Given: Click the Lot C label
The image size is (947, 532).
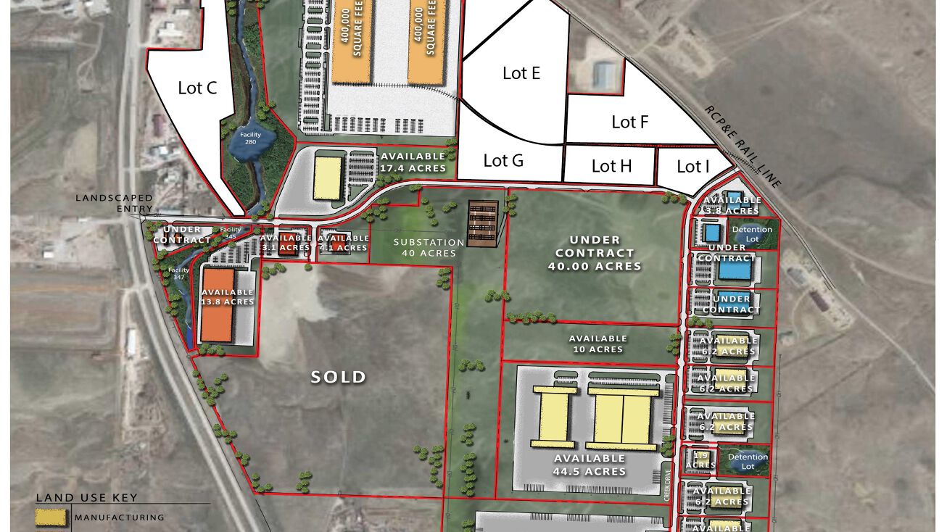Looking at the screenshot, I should (197, 88).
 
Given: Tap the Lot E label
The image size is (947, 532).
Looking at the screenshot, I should (521, 73).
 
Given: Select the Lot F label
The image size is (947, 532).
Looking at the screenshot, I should (629, 122).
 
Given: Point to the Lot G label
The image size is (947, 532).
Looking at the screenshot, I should (503, 160).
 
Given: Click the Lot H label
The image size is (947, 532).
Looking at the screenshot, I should (611, 166).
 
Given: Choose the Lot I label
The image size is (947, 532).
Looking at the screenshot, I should (692, 167).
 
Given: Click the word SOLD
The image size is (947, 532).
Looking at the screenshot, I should (338, 377).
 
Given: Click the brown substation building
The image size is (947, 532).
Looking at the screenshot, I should (482, 223).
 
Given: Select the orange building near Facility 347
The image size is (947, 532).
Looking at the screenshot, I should (218, 304).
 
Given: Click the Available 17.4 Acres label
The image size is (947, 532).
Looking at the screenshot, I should (413, 162).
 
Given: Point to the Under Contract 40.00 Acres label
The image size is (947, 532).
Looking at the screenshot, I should (595, 253).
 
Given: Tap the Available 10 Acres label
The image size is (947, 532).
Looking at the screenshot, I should (597, 344).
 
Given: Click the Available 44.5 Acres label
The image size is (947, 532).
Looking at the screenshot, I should (590, 465).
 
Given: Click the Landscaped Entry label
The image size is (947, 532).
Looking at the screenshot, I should (115, 203).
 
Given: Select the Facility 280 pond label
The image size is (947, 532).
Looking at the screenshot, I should (250, 138).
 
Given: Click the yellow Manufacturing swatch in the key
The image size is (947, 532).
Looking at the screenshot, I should (52, 518).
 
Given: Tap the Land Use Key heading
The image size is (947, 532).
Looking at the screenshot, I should (86, 498).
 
